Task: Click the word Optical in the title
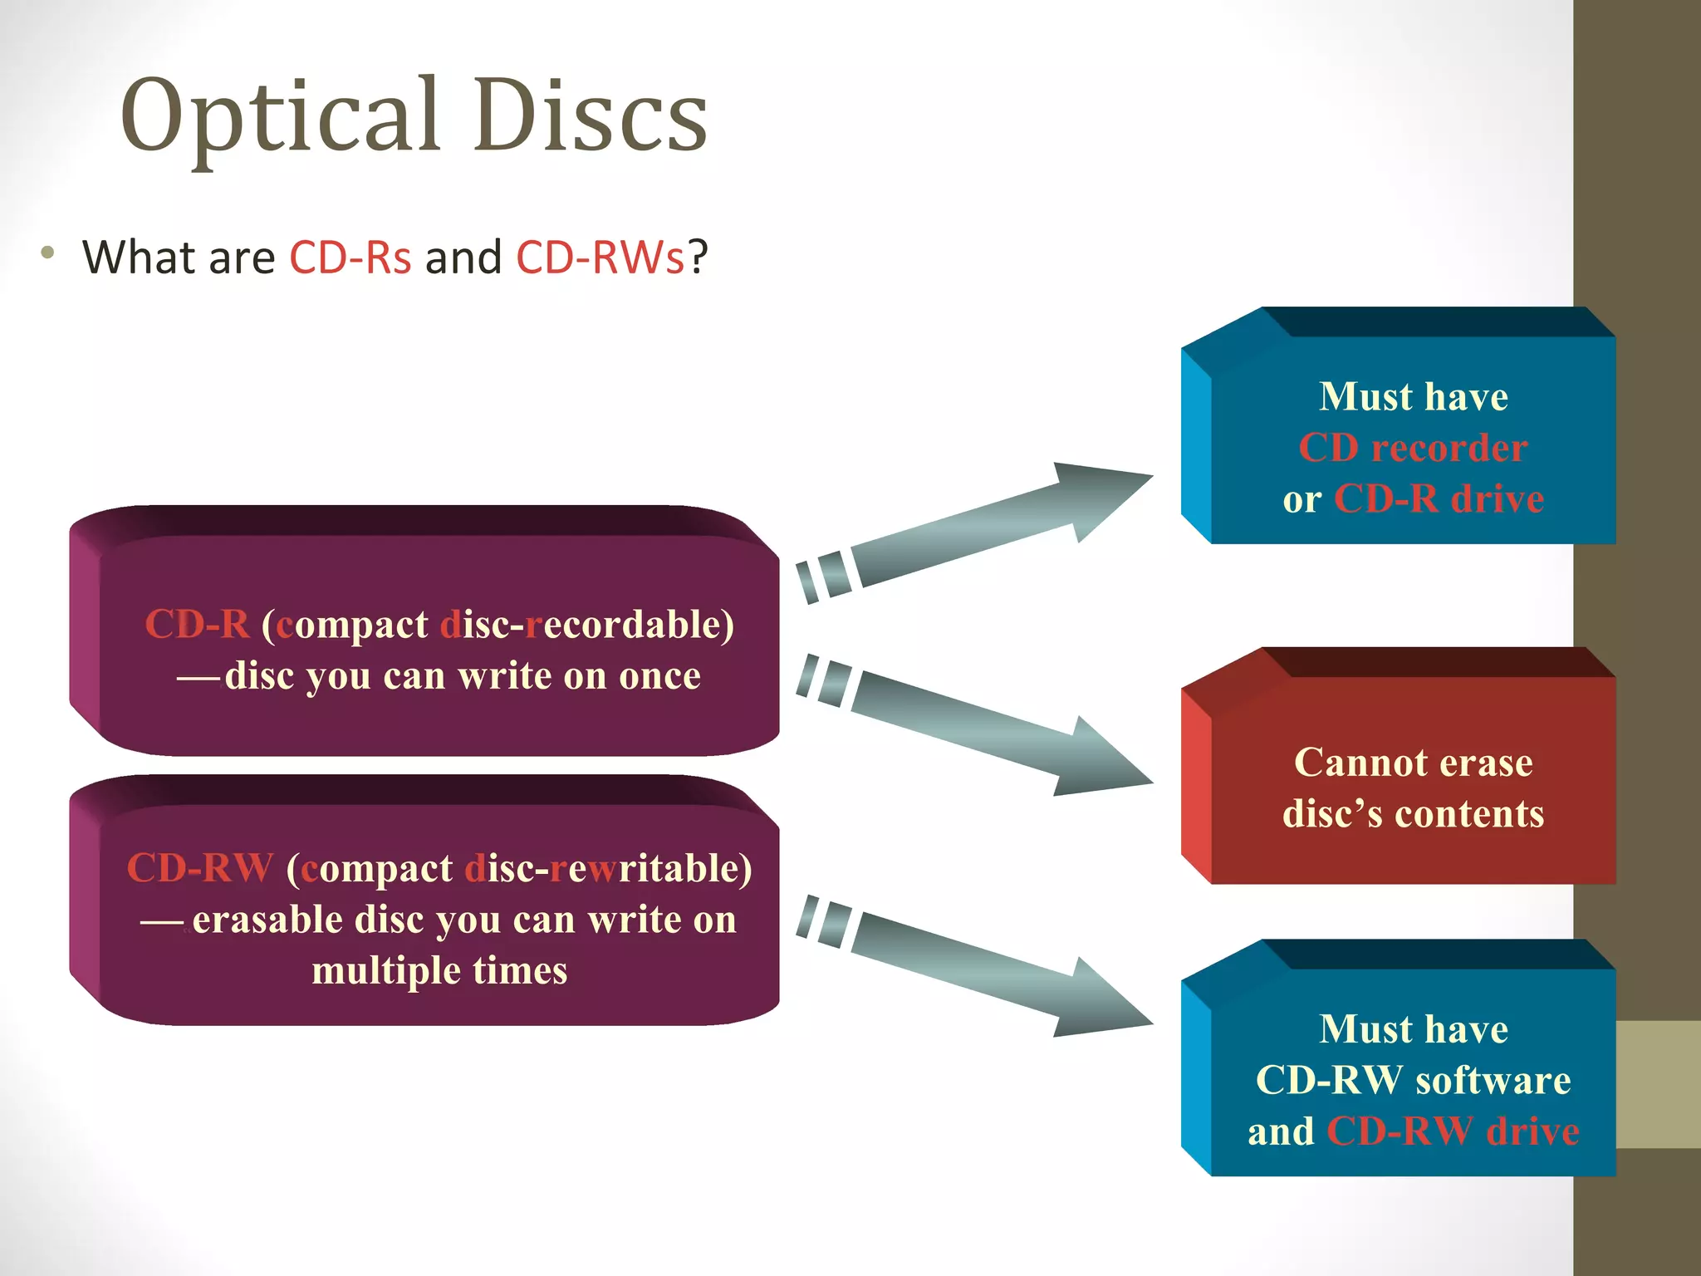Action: pyautogui.click(x=280, y=116)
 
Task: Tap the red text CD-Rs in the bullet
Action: pyautogui.click(x=350, y=257)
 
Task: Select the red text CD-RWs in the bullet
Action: pyautogui.click(x=600, y=257)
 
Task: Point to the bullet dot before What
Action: pyautogui.click(x=48, y=253)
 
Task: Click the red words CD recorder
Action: pyautogui.click(x=1413, y=449)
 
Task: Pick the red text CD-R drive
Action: pyautogui.click(x=1439, y=499)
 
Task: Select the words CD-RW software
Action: pyautogui.click(x=1413, y=1080)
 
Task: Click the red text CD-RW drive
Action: pyautogui.click(x=1453, y=1131)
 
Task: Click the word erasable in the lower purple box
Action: pyautogui.click(x=267, y=920)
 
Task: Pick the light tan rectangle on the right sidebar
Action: pyautogui.click(x=1658, y=1084)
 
